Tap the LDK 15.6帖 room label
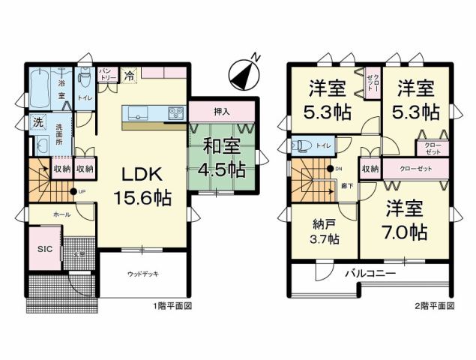pyautogui.click(x=146, y=185)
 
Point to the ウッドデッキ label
pyautogui.click(x=142, y=274)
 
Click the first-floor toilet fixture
pyautogui.click(x=84, y=78)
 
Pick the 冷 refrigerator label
pyautogui.click(x=129, y=75)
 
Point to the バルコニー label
pyautogui.click(x=370, y=274)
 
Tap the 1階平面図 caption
pyautogui.click(x=175, y=307)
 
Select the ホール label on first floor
pyautogui.click(x=62, y=214)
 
